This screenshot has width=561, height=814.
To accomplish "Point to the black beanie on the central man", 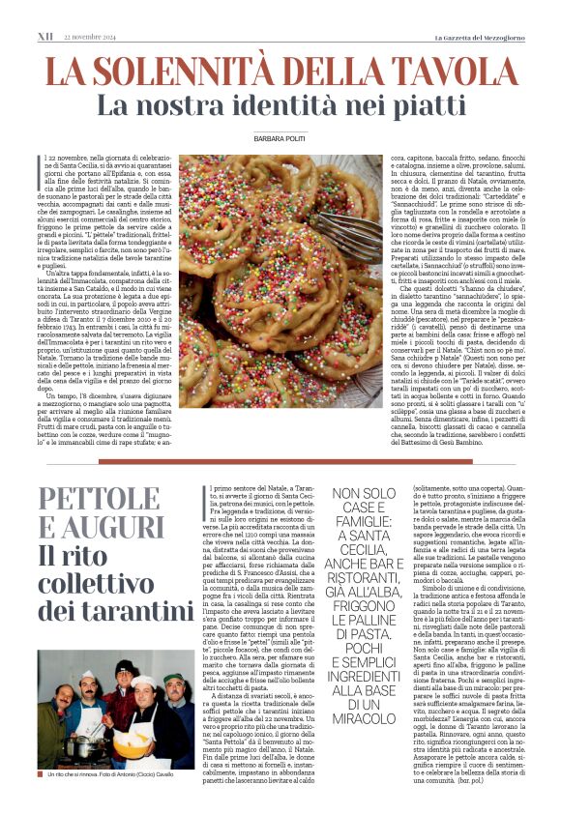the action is (x=123, y=667).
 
